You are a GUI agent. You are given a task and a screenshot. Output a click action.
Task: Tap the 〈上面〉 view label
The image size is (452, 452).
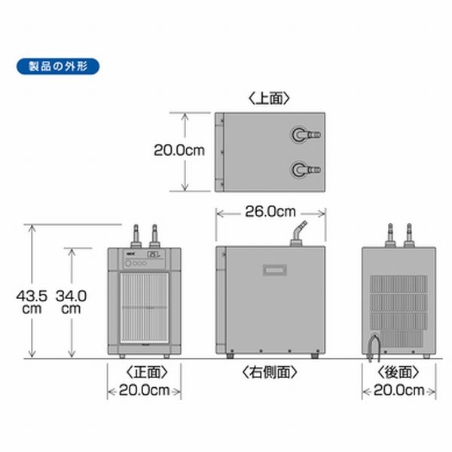pos(269,97)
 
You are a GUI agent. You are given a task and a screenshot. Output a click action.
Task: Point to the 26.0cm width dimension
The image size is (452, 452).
pos(270,212)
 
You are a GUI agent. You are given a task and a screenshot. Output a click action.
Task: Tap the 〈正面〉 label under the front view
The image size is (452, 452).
pos(143,372)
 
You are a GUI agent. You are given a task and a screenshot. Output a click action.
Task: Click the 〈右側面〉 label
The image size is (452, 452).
pos(269,372)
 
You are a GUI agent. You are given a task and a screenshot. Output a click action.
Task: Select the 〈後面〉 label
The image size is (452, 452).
pos(399,372)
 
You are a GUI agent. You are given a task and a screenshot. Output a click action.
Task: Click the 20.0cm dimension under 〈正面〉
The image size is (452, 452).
pos(143,390)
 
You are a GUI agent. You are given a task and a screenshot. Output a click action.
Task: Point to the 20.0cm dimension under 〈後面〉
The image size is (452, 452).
pos(399,390)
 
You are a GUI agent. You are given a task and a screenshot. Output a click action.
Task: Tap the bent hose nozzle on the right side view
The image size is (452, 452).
pos(299,231)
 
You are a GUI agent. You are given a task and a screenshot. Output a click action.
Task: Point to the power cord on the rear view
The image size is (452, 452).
pos(371,346)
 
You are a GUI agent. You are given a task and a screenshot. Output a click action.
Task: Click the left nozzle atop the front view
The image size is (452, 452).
pos(136,234)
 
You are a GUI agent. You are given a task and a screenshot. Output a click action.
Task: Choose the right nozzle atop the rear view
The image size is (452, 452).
pos(411,234)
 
